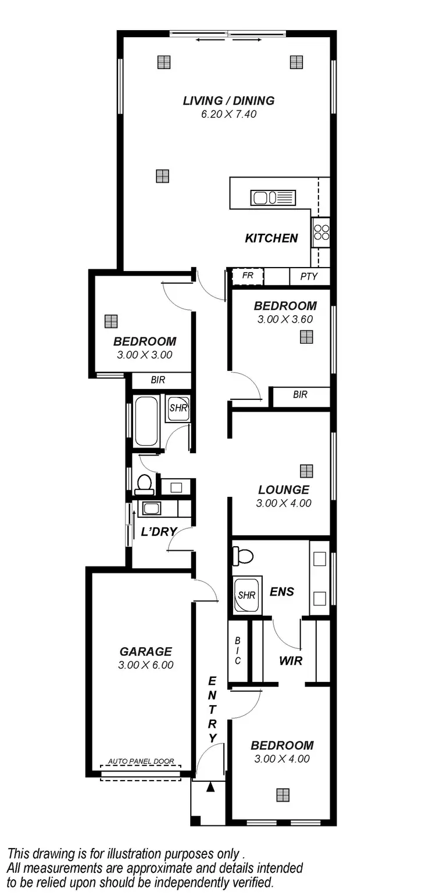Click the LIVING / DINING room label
(x=228, y=100)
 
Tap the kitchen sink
(x=273, y=198)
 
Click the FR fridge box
(x=248, y=276)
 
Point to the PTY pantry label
(x=309, y=276)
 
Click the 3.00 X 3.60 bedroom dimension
(x=285, y=319)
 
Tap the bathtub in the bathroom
(x=146, y=421)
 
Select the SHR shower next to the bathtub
(x=177, y=407)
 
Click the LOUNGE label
(x=284, y=490)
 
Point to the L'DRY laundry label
(x=159, y=532)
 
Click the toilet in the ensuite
(x=243, y=556)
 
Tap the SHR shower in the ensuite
(x=246, y=595)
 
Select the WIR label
(x=291, y=661)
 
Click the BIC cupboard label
(x=238, y=651)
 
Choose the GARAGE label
(x=146, y=652)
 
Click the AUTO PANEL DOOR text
(x=141, y=762)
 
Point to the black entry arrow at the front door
(x=210, y=787)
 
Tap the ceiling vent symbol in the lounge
(x=306, y=470)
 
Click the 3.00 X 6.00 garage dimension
(x=146, y=665)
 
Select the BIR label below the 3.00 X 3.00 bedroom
(x=158, y=380)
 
